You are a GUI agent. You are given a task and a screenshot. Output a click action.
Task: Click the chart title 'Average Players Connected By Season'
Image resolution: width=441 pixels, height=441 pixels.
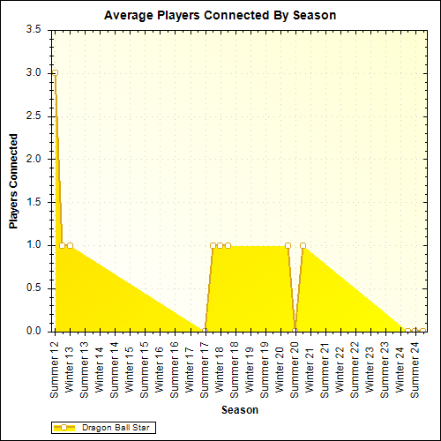[x=220, y=15]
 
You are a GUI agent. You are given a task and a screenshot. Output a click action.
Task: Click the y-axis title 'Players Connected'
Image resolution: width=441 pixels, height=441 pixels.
[x=14, y=181]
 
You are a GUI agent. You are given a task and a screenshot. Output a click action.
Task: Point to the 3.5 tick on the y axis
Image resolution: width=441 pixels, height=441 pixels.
[x=33, y=29]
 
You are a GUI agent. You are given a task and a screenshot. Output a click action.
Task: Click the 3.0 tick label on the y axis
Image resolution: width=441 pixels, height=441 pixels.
[x=33, y=72]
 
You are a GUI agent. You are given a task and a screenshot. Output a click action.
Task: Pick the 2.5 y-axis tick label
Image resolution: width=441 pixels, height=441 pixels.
[x=33, y=116]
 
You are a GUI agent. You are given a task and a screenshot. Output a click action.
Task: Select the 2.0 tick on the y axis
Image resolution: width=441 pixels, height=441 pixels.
[x=33, y=159]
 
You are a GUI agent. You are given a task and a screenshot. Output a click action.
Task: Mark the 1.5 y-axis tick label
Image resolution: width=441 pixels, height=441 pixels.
[x=33, y=202]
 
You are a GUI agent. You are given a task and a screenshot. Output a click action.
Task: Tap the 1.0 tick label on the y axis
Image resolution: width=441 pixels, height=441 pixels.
[x=33, y=245]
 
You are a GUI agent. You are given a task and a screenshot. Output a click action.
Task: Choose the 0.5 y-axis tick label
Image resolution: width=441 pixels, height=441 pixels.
[x=33, y=288]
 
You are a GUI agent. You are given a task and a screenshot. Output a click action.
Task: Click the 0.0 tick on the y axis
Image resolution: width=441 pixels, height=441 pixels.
[x=33, y=332]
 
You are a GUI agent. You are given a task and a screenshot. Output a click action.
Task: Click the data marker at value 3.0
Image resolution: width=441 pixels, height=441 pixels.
[x=55, y=73]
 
